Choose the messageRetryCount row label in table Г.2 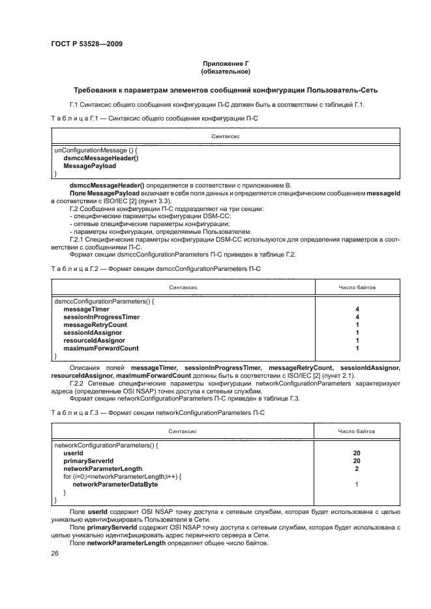tap(95, 324)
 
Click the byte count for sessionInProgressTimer tap(357, 317)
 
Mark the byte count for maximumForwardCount tap(357, 348)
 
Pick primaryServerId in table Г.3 tap(88, 460)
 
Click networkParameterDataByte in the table tap(115, 485)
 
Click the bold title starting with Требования tap(226, 90)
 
